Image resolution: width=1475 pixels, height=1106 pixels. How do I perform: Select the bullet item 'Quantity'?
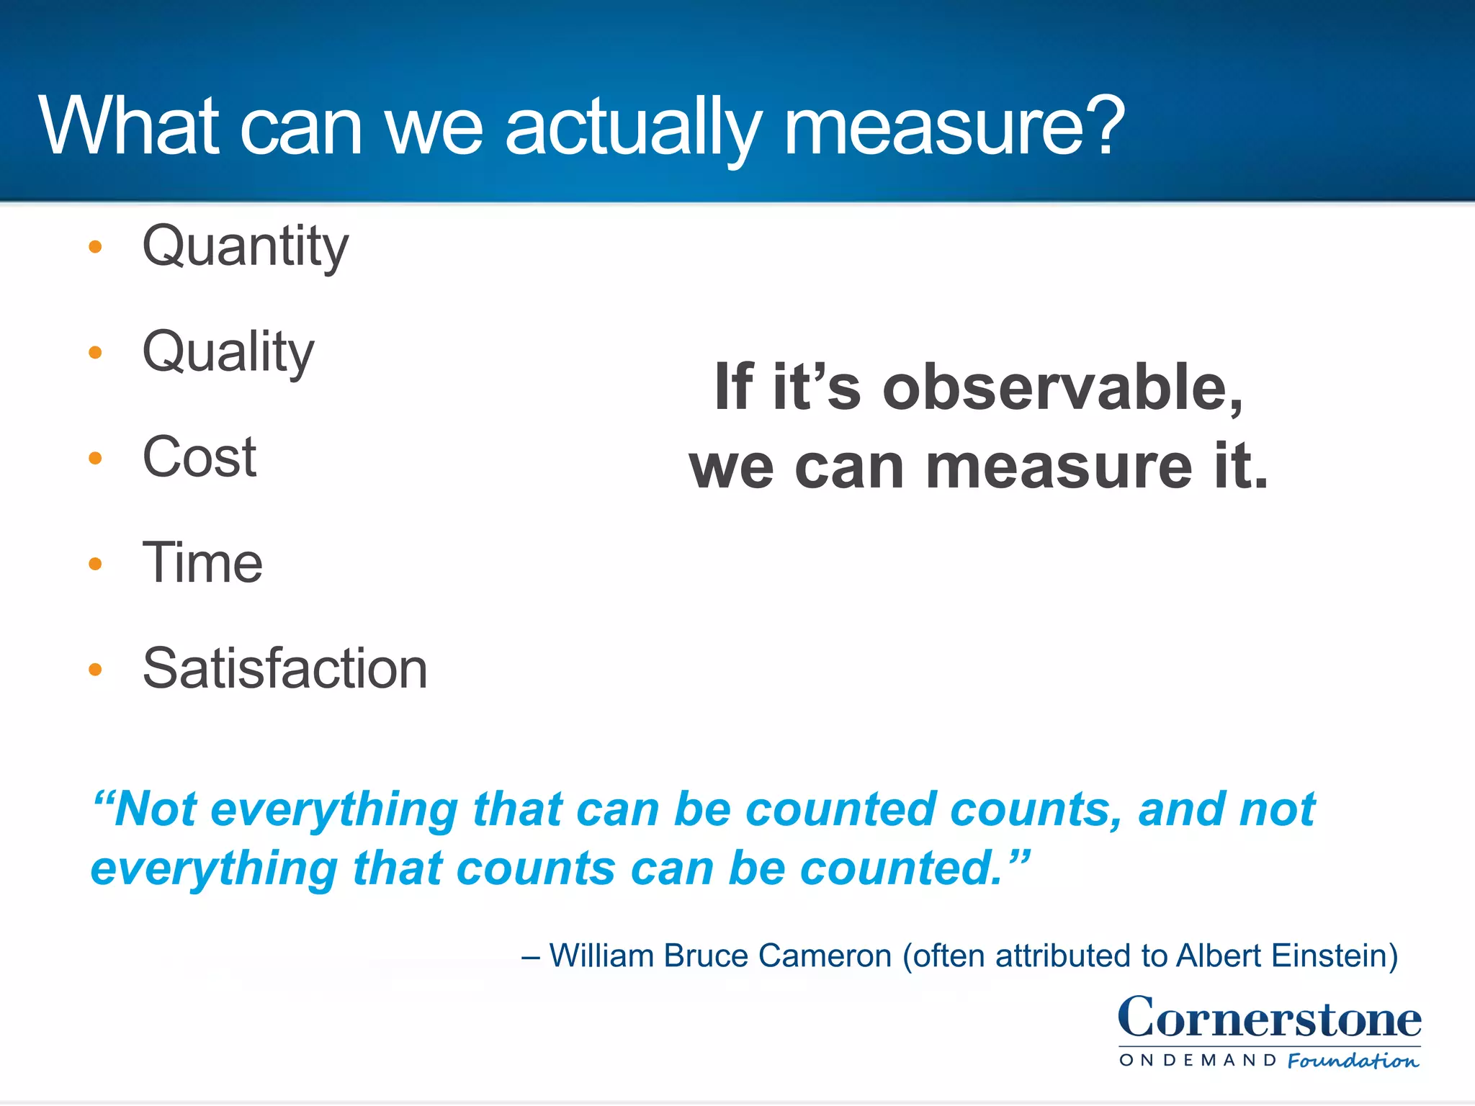(x=245, y=247)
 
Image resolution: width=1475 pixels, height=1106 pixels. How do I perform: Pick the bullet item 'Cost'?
(x=199, y=457)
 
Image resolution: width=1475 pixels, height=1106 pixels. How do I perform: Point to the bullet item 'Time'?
(x=202, y=563)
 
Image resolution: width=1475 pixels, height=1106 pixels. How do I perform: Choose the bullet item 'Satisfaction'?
(x=284, y=669)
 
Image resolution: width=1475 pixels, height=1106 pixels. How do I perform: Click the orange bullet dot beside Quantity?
(x=95, y=248)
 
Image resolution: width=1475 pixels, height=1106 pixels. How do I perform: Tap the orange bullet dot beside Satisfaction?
(x=95, y=670)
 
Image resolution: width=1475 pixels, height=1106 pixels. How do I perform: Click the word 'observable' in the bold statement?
(x=1062, y=388)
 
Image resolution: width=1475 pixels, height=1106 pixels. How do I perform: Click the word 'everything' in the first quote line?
(x=334, y=810)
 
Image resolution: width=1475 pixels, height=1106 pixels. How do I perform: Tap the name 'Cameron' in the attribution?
(x=825, y=956)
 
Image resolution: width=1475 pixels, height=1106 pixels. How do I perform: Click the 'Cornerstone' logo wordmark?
(x=1269, y=1018)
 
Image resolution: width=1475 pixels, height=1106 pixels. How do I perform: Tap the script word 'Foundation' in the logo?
(x=1353, y=1061)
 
